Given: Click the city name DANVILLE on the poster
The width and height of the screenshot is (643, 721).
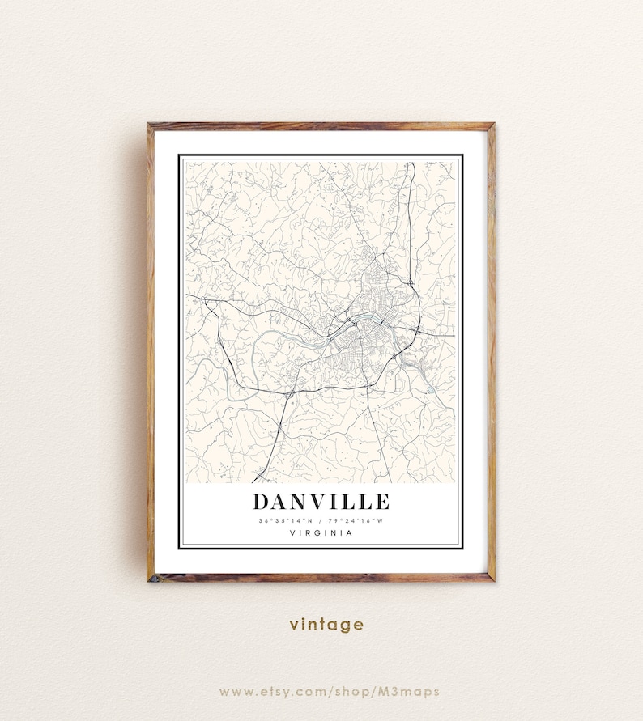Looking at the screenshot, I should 321,502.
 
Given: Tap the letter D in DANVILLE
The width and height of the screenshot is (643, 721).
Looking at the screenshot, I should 262,502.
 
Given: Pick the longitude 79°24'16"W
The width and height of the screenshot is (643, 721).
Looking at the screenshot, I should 355,520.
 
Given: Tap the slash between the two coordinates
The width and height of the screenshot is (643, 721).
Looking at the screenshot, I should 320,520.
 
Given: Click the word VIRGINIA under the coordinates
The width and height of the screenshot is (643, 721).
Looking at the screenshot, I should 321,532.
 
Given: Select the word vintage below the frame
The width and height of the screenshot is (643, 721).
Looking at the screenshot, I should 326,625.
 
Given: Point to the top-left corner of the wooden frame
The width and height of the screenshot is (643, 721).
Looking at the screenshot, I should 151,126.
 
